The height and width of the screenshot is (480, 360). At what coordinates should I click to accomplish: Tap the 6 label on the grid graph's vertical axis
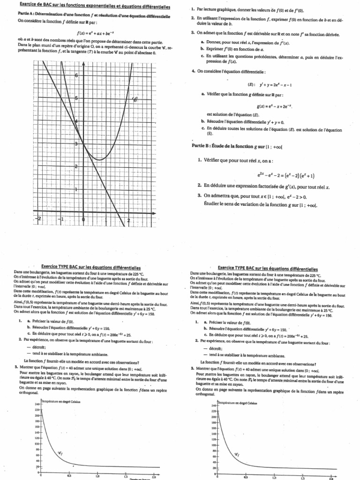click(77, 75)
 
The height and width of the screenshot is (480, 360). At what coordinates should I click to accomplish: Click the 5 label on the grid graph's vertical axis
click(77, 98)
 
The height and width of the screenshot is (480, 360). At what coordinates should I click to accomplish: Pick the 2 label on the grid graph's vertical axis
click(77, 166)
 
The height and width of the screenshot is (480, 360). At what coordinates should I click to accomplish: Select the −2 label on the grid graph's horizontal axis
click(39, 219)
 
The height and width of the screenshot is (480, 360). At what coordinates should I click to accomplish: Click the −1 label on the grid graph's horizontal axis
click(61, 219)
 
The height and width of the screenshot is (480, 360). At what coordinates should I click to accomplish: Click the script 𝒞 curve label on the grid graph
click(135, 99)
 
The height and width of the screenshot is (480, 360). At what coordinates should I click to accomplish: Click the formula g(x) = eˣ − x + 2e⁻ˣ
click(272, 106)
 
